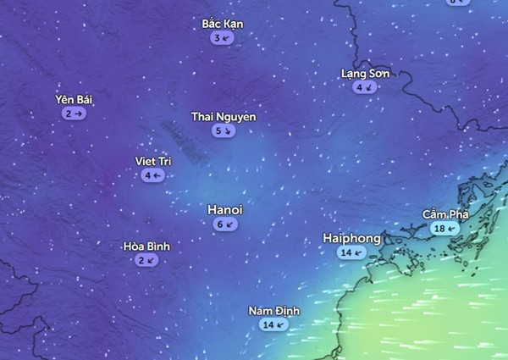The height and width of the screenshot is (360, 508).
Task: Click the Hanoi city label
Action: click(225, 209)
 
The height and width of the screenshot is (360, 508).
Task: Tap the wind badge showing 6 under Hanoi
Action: click(225, 224)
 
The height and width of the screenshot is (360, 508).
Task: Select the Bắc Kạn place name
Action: click(223, 24)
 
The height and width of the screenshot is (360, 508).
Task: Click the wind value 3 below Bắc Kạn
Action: click(223, 38)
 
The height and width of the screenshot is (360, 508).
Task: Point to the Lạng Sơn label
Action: click(365, 74)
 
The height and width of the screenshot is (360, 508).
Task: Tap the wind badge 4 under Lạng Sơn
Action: click(364, 87)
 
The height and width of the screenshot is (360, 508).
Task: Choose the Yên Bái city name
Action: click(74, 99)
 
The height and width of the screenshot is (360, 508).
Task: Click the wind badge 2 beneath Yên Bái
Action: click(74, 113)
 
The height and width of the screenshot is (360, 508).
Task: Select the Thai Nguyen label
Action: click(223, 117)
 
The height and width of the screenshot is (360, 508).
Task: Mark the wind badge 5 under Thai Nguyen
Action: click(224, 131)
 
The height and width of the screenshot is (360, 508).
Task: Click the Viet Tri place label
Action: click(153, 161)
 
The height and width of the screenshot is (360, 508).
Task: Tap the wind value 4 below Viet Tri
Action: click(153, 175)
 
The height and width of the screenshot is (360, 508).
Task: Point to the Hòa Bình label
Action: click(146, 246)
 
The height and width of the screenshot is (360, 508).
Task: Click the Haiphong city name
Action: click(351, 238)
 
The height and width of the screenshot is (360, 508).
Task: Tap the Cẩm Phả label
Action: click(445, 214)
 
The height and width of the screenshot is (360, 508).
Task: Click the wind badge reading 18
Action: click(444, 229)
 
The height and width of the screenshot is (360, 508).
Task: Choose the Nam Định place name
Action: click(273, 310)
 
